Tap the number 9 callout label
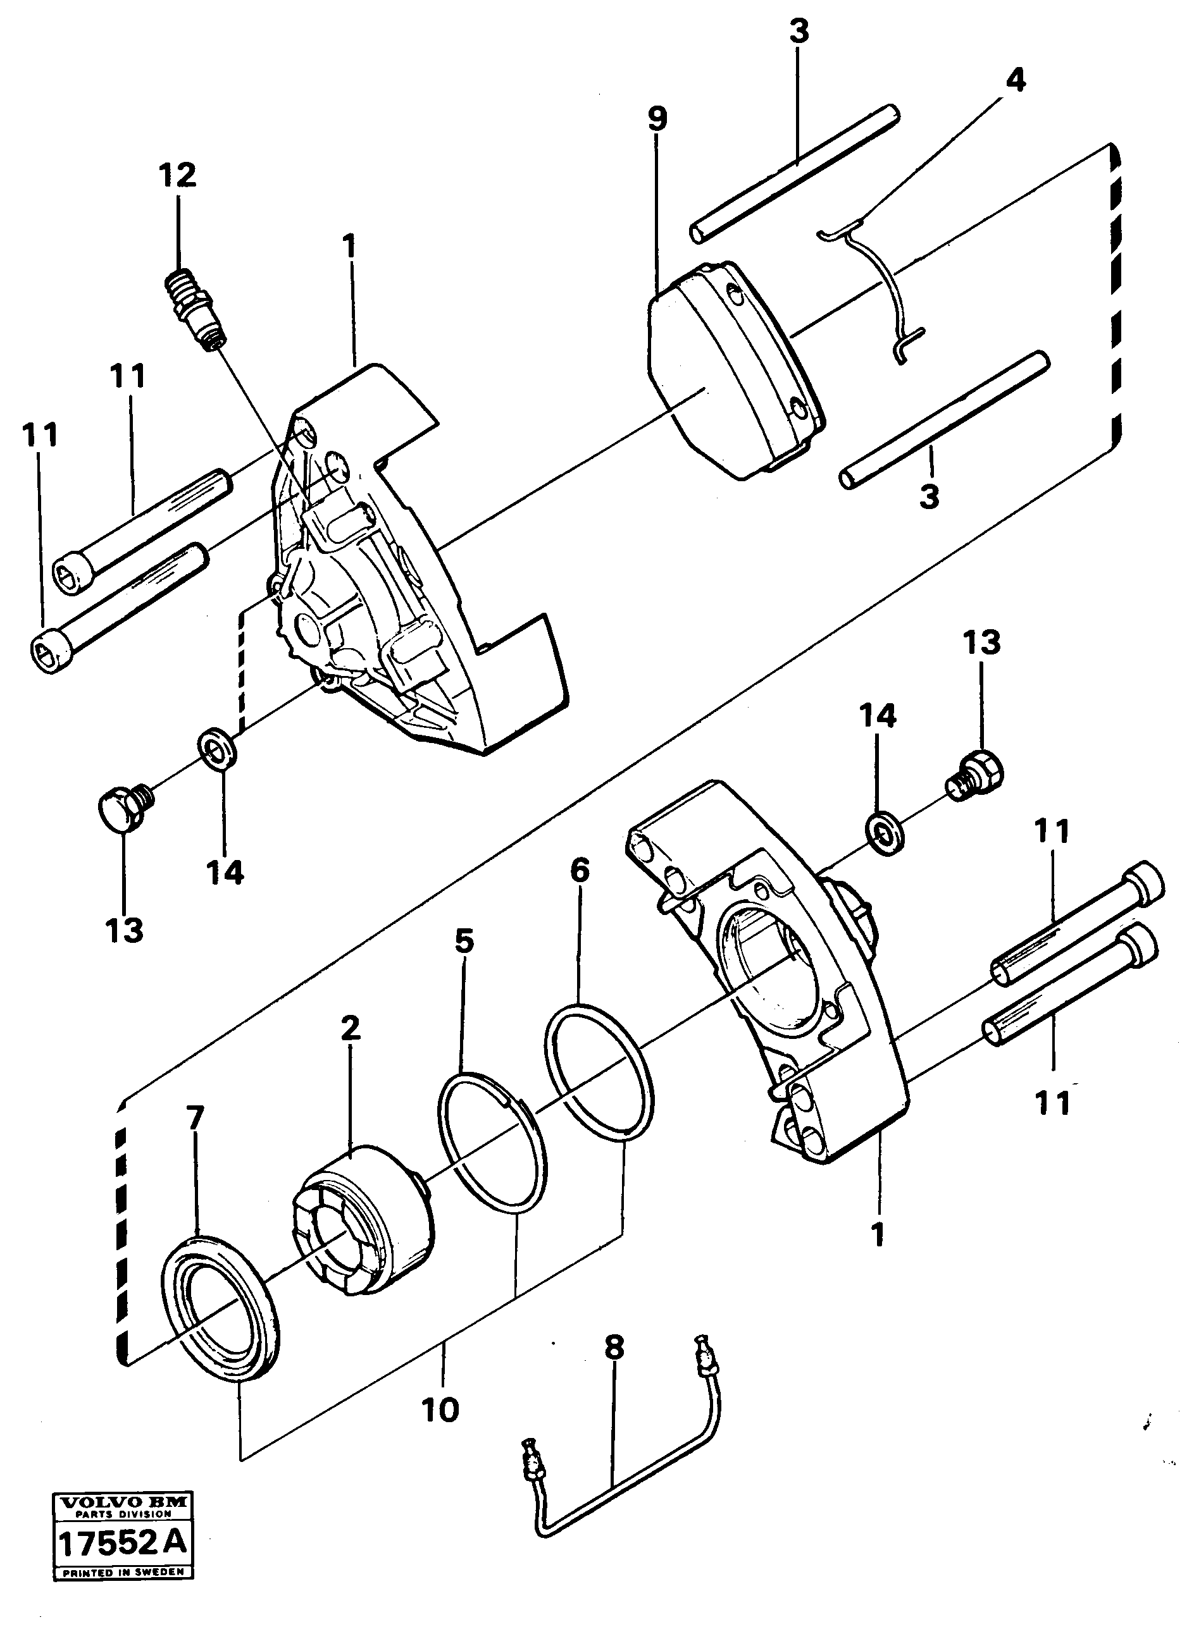[x=657, y=119]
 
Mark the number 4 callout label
[x=1015, y=81]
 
